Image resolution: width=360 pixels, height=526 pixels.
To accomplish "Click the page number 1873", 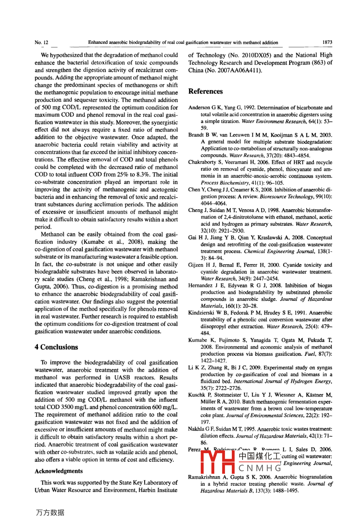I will click(x=327, y=42).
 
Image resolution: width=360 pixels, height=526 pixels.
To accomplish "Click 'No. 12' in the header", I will click(x=41, y=42).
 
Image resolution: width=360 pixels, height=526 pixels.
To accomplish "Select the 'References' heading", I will click(x=205, y=91).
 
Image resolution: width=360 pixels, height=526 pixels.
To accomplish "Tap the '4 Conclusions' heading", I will click(x=57, y=347).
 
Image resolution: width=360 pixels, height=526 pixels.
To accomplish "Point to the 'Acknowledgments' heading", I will click(x=59, y=471).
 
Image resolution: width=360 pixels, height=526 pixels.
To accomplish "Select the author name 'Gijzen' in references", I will click(x=196, y=265).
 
